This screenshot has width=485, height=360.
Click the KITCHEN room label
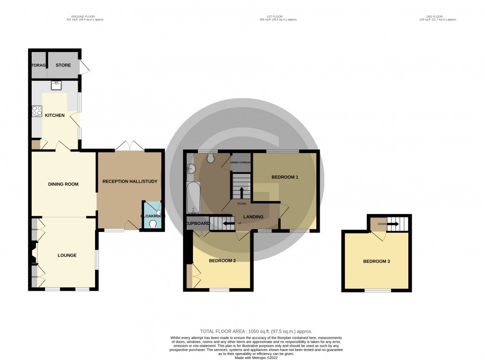(55, 115)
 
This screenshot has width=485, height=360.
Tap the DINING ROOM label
(63, 184)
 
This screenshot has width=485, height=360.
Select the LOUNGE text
(67, 256)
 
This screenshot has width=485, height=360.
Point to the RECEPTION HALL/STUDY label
(130, 181)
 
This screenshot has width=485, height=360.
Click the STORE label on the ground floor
(63, 65)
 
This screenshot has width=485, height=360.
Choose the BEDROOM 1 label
(285, 177)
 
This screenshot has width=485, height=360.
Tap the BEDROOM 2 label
(222, 260)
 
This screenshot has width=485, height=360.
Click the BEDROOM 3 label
(377, 261)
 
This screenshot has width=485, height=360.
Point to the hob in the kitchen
(37, 111)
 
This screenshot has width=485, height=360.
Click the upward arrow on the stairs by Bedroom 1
(242, 192)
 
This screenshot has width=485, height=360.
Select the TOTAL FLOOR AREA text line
(256, 331)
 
